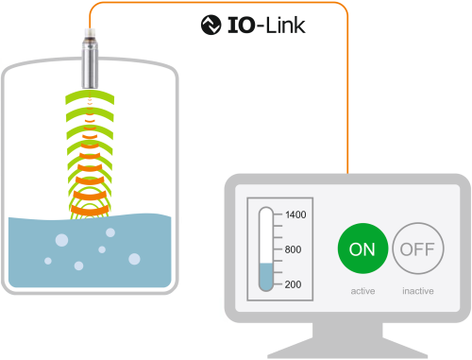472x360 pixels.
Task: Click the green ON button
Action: coord(362,249)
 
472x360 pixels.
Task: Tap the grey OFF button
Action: coord(418,249)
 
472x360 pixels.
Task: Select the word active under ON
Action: coord(362,291)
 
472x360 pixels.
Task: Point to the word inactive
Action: coord(418,291)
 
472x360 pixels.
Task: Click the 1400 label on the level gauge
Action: coord(295,214)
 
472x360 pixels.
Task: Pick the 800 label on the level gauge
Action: coord(293,249)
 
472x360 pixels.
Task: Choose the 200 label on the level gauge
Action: coord(293,284)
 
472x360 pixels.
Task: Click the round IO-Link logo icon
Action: coord(211,25)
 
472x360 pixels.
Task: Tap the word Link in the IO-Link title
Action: coord(285,26)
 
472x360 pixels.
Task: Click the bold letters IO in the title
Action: coord(241,26)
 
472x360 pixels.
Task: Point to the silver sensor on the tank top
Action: coord(90,63)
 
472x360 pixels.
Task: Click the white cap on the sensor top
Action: coord(90,33)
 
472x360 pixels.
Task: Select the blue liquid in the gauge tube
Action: coord(266,277)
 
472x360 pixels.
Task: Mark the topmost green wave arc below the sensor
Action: coord(90,94)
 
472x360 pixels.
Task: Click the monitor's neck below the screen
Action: coord(347,330)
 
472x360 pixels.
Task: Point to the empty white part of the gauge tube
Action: coord(266,236)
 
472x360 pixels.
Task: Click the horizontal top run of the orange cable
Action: coord(219,3)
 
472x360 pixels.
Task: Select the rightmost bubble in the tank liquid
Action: coord(134,259)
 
